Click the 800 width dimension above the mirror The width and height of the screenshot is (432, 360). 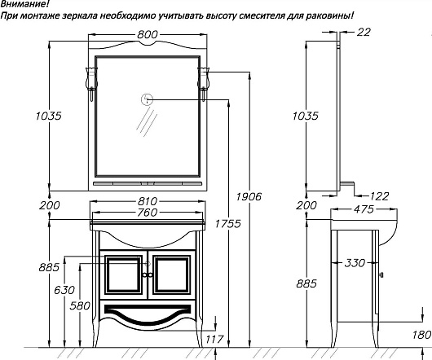148,34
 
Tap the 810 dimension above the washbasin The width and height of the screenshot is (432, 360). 148,201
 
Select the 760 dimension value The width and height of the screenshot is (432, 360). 148,213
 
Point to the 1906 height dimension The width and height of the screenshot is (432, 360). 249,196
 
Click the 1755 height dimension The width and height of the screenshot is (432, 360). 228,223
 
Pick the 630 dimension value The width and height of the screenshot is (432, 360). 64,290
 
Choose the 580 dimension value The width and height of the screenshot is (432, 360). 80,305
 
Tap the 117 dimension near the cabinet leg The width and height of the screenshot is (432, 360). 214,340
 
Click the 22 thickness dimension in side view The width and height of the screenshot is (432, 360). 364,33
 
